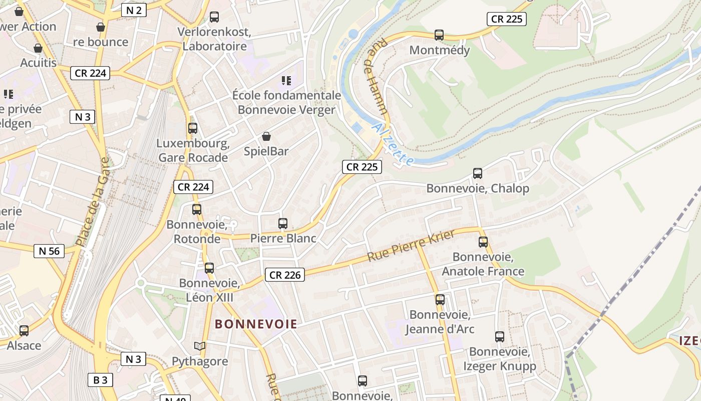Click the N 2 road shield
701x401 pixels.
pos(134,10)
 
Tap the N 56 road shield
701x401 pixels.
pos(49,251)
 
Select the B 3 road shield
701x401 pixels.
pos(100,380)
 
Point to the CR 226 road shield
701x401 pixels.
pos(285,275)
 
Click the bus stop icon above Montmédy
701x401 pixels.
pos(439,35)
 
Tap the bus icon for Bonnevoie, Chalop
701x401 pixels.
pos(478,173)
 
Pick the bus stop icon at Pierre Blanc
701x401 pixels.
pos(283,224)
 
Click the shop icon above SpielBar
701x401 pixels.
pos(266,136)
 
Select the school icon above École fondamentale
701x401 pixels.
pos(286,80)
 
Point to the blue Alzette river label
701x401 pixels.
pos(394,144)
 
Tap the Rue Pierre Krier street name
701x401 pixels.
pos(411,246)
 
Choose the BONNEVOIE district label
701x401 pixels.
pos(256,324)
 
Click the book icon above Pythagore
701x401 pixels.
pos(200,346)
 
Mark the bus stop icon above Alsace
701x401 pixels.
pos(24,331)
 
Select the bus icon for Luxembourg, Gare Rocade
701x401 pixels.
pos(193,128)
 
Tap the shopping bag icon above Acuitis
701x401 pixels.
pos(38,49)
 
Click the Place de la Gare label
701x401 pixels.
pos(92,202)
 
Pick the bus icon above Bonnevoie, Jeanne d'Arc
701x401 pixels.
pos(440,300)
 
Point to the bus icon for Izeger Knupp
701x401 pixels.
pos(500,337)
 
